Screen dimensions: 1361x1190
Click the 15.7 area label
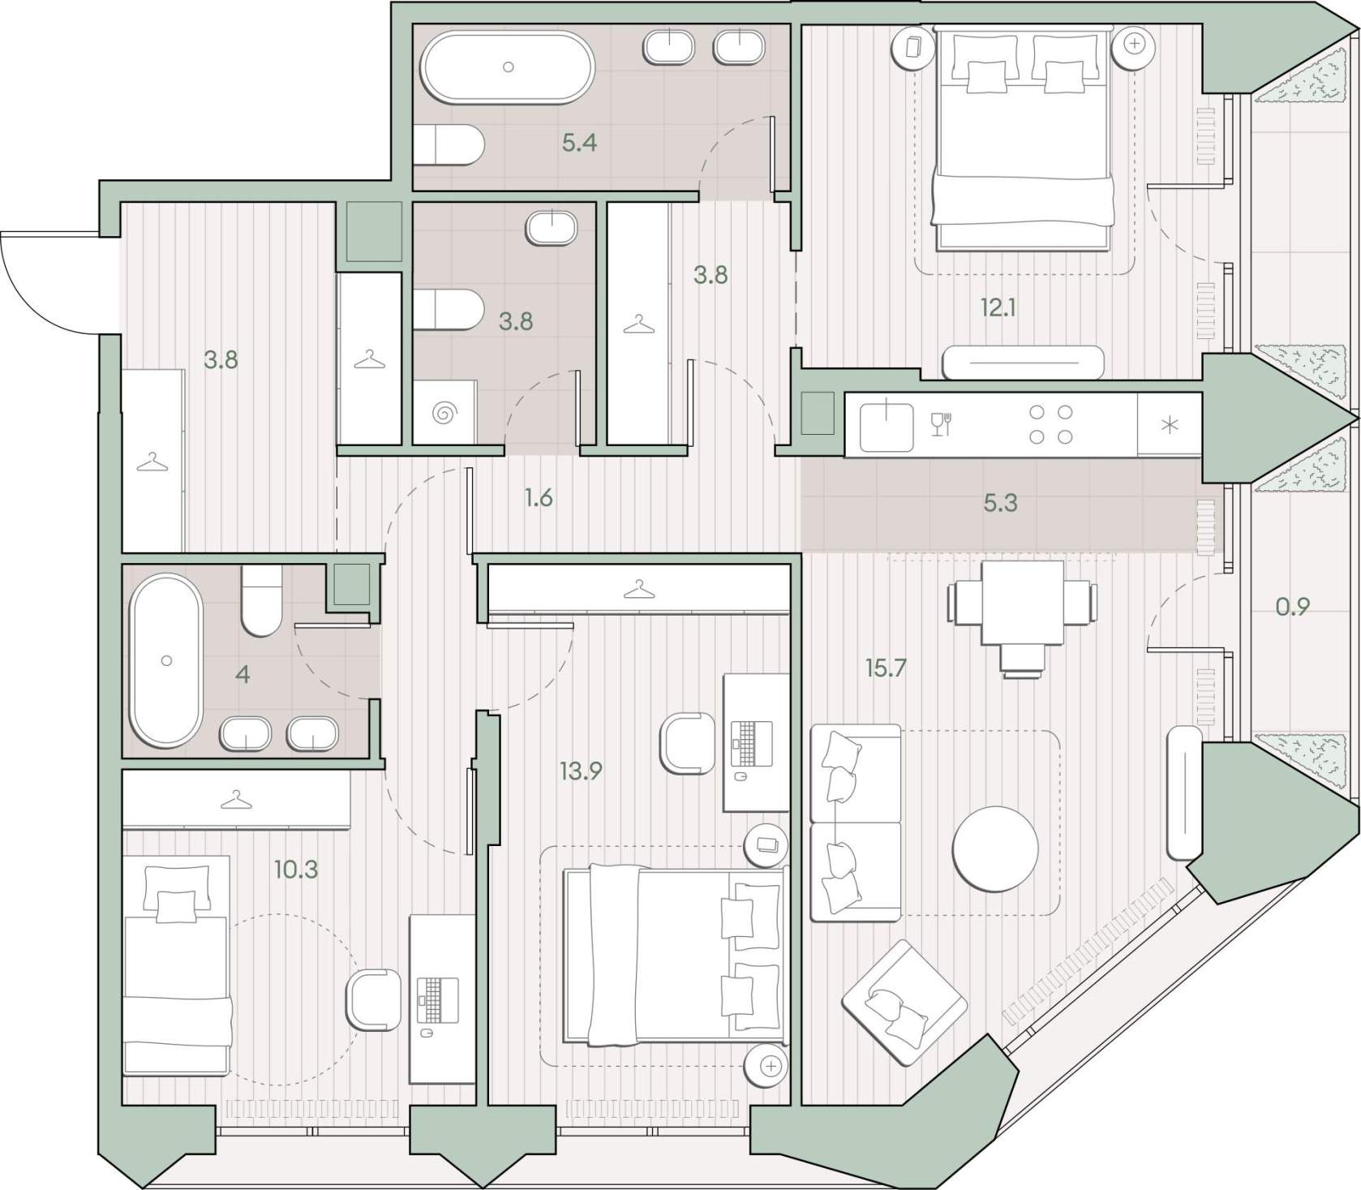coord(885,668)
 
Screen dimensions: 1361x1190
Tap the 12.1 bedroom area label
coord(998,307)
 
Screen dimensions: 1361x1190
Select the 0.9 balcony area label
coord(1293,606)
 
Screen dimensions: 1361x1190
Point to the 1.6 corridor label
coord(539,497)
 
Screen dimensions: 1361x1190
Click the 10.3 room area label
coord(295,870)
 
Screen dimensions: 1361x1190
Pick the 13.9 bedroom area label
coord(581,771)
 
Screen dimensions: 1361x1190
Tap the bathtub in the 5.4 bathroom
coord(508,67)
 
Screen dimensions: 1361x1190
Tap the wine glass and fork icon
coord(941,423)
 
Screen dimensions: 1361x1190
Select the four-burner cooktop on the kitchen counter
coord(1051,424)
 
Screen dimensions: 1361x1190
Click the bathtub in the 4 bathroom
coord(167,660)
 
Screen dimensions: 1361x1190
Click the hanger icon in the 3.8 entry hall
coord(152,463)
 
